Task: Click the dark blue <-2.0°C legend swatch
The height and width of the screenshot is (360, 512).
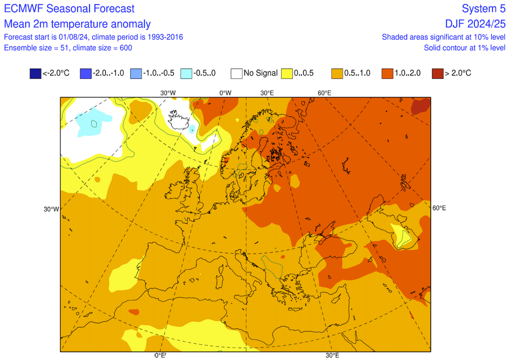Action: (x=35, y=73)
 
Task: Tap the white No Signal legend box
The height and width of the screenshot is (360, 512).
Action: (x=236, y=73)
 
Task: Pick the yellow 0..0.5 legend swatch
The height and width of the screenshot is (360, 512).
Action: (x=287, y=73)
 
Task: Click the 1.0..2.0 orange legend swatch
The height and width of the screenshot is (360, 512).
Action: (x=387, y=73)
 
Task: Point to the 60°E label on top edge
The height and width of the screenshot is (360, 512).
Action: (x=324, y=92)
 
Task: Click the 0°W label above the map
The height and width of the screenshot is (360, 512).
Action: (x=225, y=92)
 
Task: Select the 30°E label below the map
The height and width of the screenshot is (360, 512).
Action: (x=332, y=355)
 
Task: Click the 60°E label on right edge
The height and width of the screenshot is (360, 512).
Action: (x=439, y=208)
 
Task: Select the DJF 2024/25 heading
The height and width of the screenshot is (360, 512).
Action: (x=476, y=24)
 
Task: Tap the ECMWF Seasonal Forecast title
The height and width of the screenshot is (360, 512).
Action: (x=69, y=8)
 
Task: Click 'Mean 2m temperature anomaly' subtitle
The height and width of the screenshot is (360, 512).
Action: (x=77, y=24)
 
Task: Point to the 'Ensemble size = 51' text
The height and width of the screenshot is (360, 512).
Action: (x=35, y=47)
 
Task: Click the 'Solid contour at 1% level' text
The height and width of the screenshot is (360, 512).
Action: (x=464, y=47)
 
